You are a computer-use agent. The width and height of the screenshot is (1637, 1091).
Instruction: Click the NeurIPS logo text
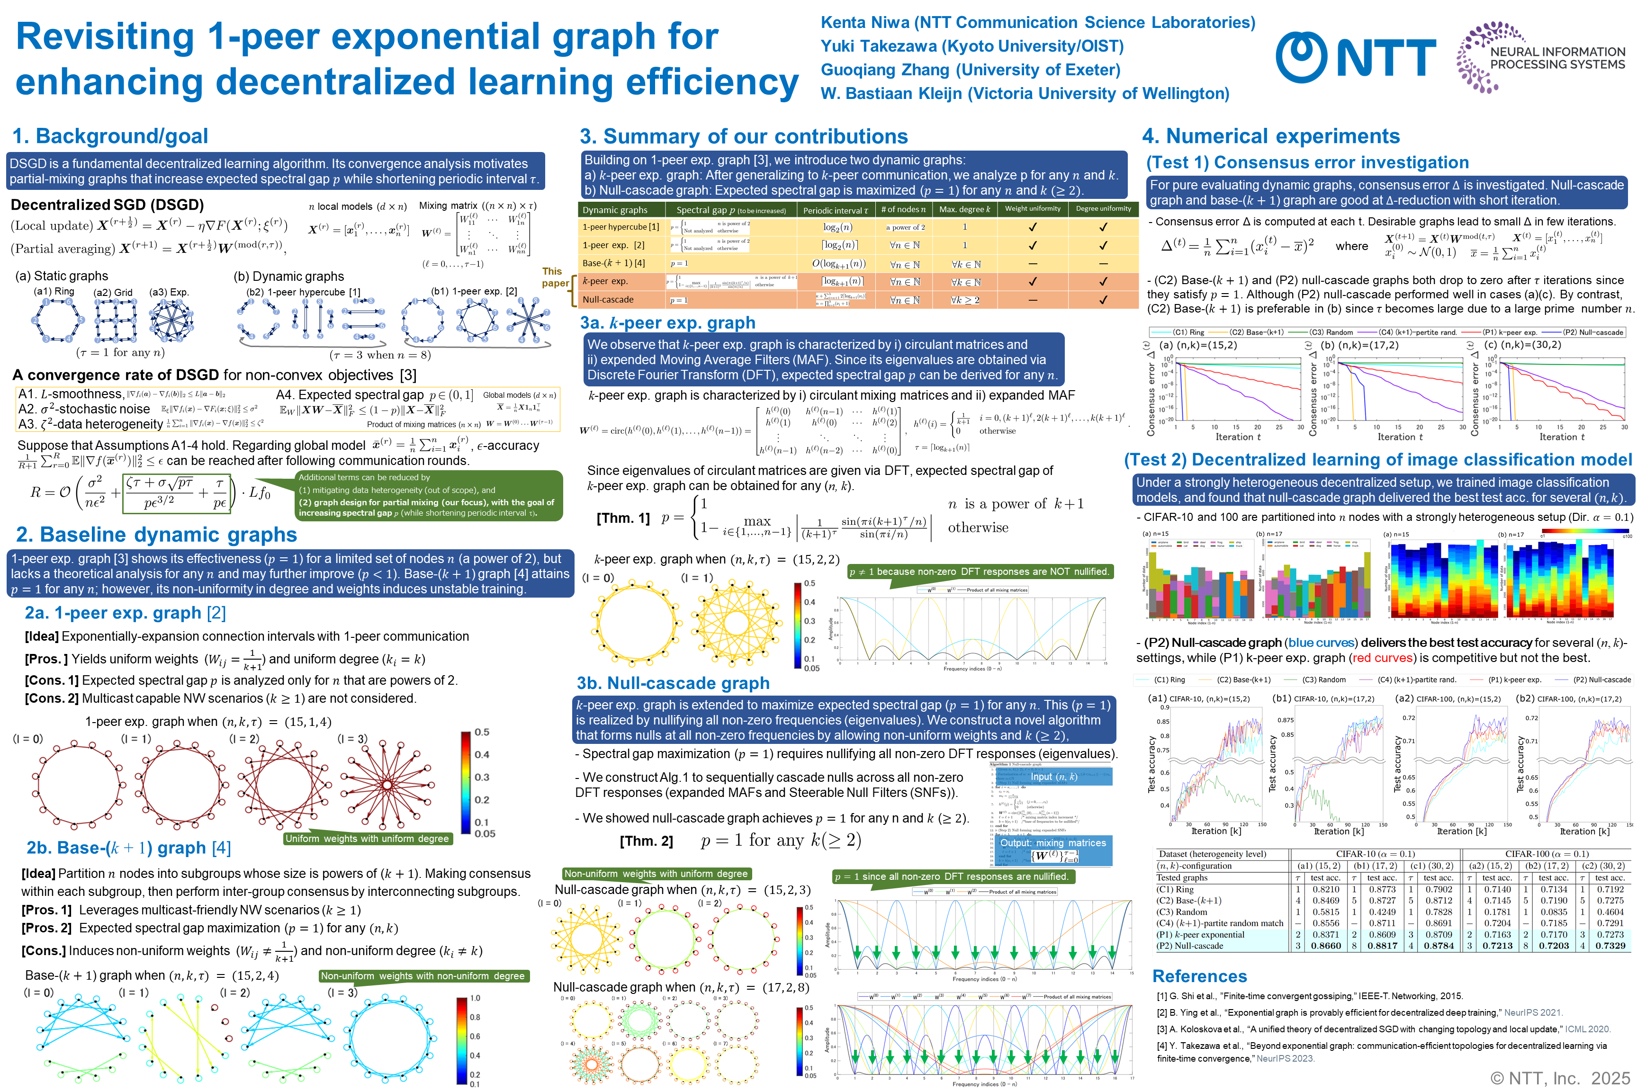tap(1557, 58)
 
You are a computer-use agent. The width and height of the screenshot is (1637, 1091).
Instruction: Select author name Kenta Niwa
tap(864, 22)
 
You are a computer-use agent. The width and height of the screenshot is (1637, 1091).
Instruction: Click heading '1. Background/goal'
tap(110, 136)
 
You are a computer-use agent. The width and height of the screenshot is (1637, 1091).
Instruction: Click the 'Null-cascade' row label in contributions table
tap(608, 300)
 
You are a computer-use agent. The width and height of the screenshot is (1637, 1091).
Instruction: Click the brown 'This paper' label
tap(554, 277)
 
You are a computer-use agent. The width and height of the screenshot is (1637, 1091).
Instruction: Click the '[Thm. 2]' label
tap(646, 841)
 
